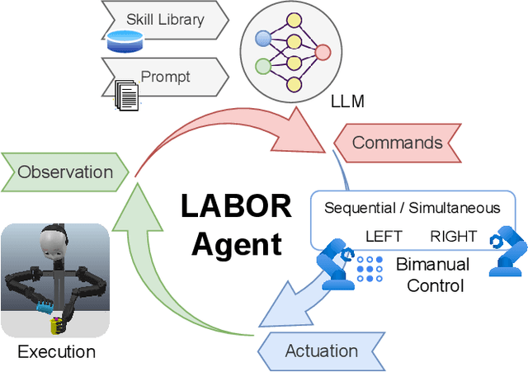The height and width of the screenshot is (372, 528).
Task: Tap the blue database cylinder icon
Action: click(125, 39)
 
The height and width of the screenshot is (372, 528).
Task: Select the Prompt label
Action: click(165, 77)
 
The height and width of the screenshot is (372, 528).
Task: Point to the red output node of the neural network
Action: click(323, 52)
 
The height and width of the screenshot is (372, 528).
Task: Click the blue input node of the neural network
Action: click(263, 38)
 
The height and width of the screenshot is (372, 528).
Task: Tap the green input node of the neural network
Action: click(263, 66)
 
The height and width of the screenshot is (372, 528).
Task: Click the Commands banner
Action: click(397, 143)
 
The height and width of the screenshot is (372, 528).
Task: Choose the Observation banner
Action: click(65, 172)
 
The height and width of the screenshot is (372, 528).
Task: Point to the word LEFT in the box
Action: click(384, 237)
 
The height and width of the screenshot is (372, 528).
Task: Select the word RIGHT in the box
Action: click(453, 237)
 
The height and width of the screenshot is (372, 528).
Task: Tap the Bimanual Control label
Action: click(433, 275)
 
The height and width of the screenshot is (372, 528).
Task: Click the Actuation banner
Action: click(321, 351)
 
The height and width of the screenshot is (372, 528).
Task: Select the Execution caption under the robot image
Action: click(56, 352)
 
